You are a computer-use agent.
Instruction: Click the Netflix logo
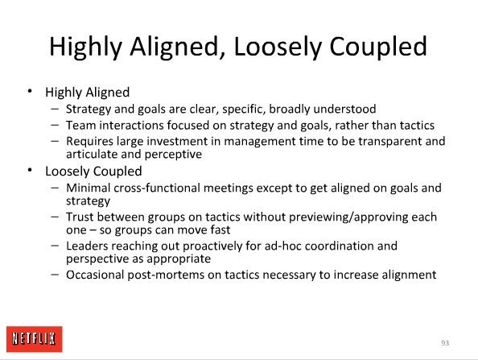(x=35, y=339)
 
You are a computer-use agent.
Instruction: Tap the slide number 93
(x=445, y=343)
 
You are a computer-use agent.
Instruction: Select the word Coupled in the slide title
(x=378, y=47)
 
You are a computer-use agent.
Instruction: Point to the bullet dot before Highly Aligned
(x=30, y=91)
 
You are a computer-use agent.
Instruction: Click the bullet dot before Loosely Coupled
(x=30, y=170)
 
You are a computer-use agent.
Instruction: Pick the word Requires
(x=90, y=142)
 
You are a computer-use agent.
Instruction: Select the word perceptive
(x=173, y=155)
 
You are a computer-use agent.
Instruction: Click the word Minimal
(x=88, y=188)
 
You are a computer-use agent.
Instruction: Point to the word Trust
(x=80, y=217)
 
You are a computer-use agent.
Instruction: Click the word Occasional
(x=95, y=275)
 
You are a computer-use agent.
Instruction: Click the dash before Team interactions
(x=55, y=125)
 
